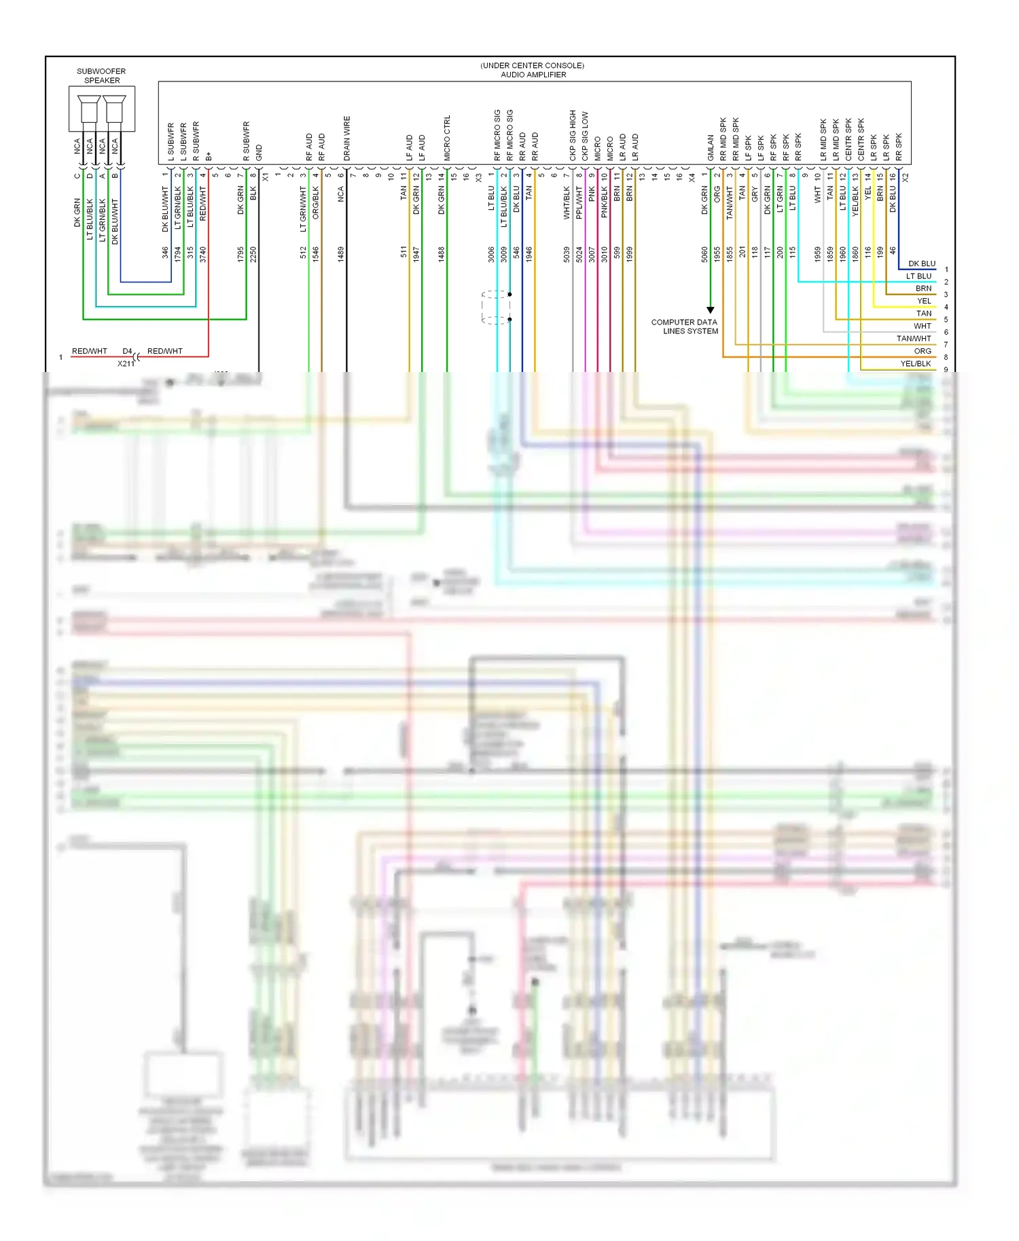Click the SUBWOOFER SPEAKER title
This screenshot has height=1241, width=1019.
click(x=101, y=75)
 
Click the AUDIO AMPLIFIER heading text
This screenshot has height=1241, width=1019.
click(x=533, y=75)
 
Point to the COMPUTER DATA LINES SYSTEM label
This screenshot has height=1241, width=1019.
click(x=684, y=327)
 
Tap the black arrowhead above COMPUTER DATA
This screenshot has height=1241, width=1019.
click(x=710, y=310)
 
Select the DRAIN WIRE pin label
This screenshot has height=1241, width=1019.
click(x=347, y=138)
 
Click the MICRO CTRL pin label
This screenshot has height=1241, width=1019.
click(x=447, y=138)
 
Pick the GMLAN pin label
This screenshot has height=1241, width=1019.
click(x=711, y=147)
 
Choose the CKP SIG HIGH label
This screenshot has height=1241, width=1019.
click(x=573, y=136)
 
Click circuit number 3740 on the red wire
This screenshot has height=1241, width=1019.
click(x=203, y=254)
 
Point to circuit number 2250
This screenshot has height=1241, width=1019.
click(x=253, y=254)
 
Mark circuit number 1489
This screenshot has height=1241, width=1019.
click(x=341, y=254)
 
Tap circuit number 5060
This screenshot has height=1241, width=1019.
click(x=704, y=254)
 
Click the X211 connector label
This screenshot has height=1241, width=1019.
click(x=126, y=364)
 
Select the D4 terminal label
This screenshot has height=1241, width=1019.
click(x=127, y=351)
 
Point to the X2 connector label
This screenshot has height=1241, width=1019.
click(x=905, y=177)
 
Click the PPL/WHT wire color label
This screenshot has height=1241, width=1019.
click(x=579, y=203)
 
